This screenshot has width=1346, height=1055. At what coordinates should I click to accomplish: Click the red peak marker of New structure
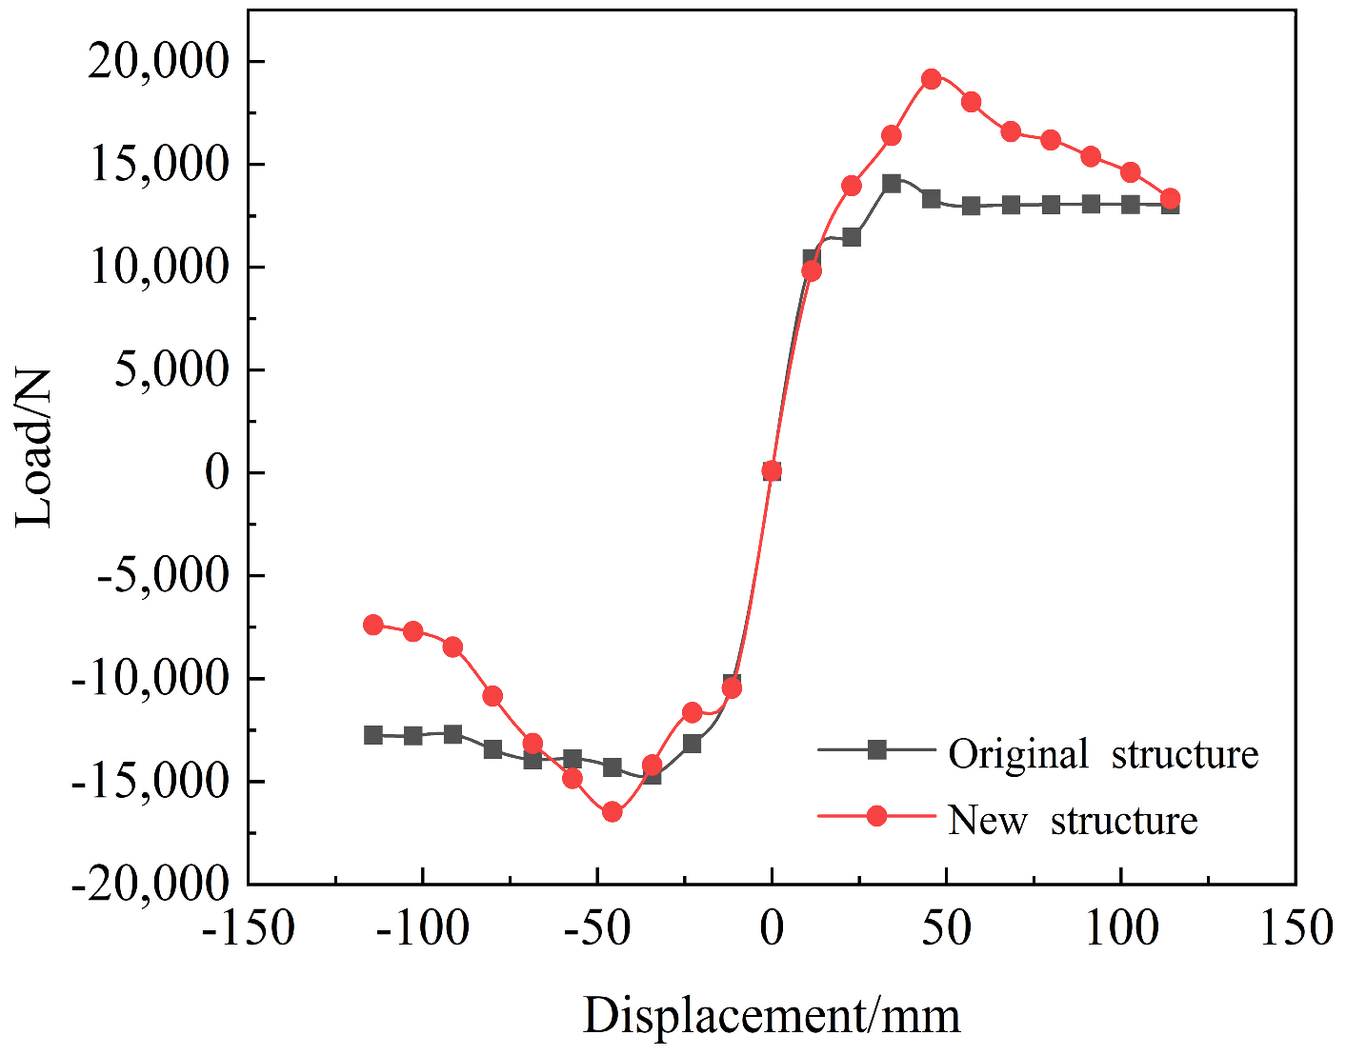click(x=932, y=79)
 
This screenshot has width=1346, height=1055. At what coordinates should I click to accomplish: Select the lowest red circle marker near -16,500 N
click(x=612, y=812)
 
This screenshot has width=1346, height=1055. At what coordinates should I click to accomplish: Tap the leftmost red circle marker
click(x=373, y=625)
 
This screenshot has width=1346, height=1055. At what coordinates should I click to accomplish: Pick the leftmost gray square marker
click(x=373, y=735)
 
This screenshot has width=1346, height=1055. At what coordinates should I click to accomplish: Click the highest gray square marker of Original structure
click(x=892, y=184)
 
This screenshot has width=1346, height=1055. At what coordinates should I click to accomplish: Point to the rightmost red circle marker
click(x=1170, y=199)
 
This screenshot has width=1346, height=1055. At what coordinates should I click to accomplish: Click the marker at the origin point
click(x=772, y=470)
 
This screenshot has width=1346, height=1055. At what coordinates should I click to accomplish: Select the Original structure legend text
click(x=1103, y=754)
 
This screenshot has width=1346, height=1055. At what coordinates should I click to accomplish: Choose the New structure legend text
click(x=1073, y=820)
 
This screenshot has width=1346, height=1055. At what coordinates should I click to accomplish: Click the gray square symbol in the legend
click(x=876, y=750)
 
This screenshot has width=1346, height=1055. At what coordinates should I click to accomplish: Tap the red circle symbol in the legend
click(x=876, y=816)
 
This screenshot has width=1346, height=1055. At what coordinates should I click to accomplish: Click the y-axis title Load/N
click(x=34, y=448)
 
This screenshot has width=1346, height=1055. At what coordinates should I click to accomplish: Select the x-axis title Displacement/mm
click(x=772, y=1015)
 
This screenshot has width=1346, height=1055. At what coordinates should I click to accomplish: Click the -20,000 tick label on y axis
click(x=151, y=884)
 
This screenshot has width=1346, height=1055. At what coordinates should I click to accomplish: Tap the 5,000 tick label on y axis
click(x=172, y=369)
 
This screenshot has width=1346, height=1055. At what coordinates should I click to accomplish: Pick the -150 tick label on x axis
click(x=248, y=928)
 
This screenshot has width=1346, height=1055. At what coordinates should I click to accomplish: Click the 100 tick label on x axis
click(x=1121, y=928)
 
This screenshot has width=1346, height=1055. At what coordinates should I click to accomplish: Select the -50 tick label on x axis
click(x=596, y=928)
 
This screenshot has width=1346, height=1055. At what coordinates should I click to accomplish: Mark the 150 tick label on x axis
click(x=1296, y=928)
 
